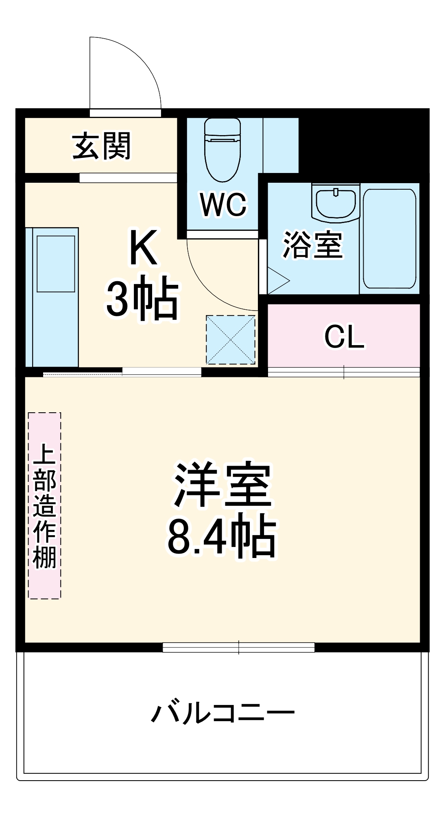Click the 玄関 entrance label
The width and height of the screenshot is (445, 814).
(x=102, y=146)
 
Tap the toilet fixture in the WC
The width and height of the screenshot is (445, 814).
(x=222, y=151)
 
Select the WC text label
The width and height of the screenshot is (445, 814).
(x=223, y=204)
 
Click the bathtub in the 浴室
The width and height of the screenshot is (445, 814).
(x=389, y=239)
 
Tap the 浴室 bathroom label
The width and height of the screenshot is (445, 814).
(x=312, y=245)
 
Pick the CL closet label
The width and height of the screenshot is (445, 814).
(x=344, y=337)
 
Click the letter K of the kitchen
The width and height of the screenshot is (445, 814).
(x=143, y=247)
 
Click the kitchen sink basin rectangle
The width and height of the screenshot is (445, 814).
(x=56, y=263)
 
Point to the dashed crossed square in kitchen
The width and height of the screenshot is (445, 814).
(x=231, y=339)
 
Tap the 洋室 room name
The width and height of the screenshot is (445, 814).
(x=222, y=485)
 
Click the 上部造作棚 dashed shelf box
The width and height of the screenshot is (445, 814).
(x=45, y=505)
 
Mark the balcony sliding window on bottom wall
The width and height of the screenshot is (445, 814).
(x=238, y=647)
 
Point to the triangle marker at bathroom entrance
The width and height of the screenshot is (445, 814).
(x=277, y=280)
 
